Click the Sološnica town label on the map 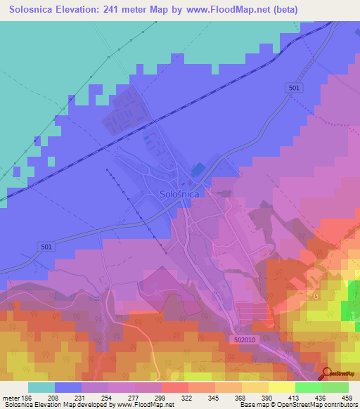tap(179, 193)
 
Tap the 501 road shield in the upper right tap(295, 86)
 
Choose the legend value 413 tap(282, 398)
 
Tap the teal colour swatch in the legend tap(41, 387)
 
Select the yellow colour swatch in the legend tap(282, 387)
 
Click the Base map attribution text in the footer tap(298, 405)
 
